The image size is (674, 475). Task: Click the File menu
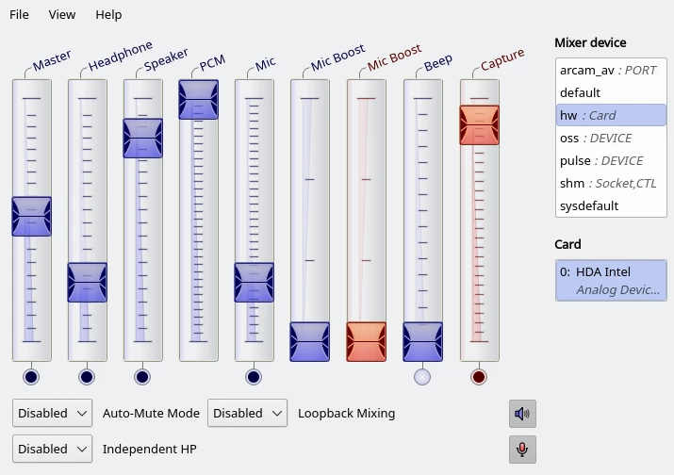click(x=19, y=15)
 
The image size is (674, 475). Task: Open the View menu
click(x=62, y=15)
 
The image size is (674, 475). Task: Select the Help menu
click(x=108, y=15)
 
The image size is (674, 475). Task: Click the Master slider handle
click(x=31, y=216)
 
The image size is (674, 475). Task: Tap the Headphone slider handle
click(x=87, y=282)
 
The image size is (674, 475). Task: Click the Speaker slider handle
click(x=142, y=138)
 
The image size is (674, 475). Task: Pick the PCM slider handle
click(x=198, y=100)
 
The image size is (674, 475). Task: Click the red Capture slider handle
click(x=479, y=124)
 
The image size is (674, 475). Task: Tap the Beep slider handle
click(x=422, y=342)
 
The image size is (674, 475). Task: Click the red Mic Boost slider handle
click(x=367, y=342)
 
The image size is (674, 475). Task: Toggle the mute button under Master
click(x=31, y=377)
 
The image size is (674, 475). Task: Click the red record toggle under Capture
click(x=479, y=377)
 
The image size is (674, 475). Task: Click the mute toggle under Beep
click(x=422, y=377)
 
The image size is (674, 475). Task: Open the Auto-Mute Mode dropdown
click(x=52, y=413)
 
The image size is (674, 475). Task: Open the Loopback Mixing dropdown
click(x=247, y=413)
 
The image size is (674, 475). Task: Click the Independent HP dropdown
click(x=52, y=449)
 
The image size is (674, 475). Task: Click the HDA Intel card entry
click(x=610, y=280)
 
